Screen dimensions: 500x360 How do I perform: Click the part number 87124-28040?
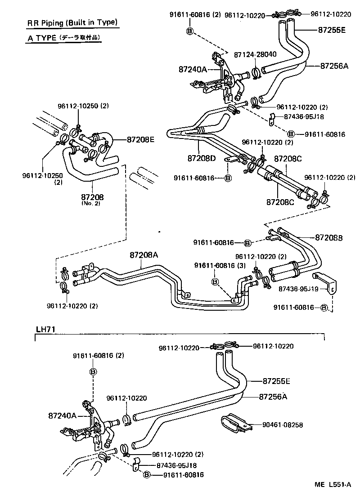tap(255, 54)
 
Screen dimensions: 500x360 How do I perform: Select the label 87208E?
tap(140, 140)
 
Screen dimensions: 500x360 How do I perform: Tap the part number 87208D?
tap(202, 158)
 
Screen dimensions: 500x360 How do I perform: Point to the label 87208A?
tap(144, 255)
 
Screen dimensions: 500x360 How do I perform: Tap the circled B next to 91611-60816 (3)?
tap(215, 282)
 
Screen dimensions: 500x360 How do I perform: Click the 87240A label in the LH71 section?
tap(63, 416)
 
